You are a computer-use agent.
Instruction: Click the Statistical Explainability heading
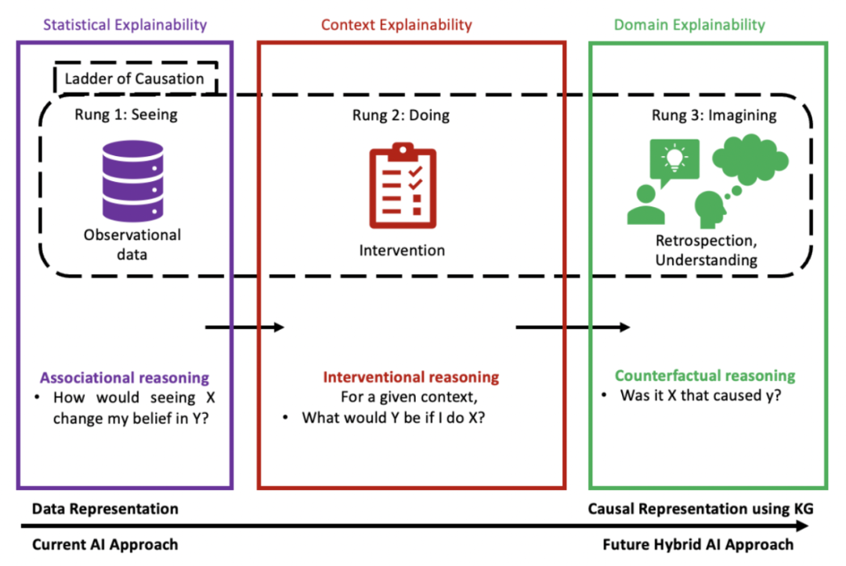tap(125, 25)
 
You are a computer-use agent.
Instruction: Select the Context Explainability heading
tap(396, 25)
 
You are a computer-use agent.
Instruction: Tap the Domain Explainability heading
tap(689, 25)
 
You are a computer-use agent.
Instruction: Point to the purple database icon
tap(132, 181)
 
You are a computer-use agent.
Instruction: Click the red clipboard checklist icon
tap(403, 185)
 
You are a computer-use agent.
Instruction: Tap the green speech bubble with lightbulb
tap(674, 161)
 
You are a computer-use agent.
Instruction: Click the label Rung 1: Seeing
tap(125, 114)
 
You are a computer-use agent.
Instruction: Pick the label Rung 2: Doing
tap(401, 115)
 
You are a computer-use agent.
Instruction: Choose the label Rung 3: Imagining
tap(714, 115)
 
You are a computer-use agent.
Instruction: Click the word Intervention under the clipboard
tap(402, 250)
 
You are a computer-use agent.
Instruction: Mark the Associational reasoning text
tap(125, 378)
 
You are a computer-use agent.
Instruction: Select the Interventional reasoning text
tap(411, 377)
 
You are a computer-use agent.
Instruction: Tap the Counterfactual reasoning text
tap(705, 376)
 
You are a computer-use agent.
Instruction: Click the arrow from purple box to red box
tap(244, 327)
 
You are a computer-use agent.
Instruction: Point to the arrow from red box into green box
tap(573, 327)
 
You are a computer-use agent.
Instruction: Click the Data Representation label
tap(105, 509)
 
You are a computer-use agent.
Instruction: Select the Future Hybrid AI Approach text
tap(698, 544)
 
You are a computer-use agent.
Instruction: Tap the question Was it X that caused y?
tap(700, 395)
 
